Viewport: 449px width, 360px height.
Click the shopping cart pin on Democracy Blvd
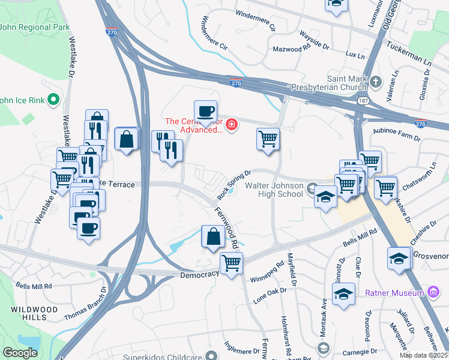click(x=231, y=263)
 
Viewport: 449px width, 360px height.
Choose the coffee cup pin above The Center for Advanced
click(x=205, y=111)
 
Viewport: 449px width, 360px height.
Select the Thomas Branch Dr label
click(x=85, y=304)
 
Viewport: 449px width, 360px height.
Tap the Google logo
click(x=20, y=353)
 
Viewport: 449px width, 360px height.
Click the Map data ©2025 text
click(x=423, y=355)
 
